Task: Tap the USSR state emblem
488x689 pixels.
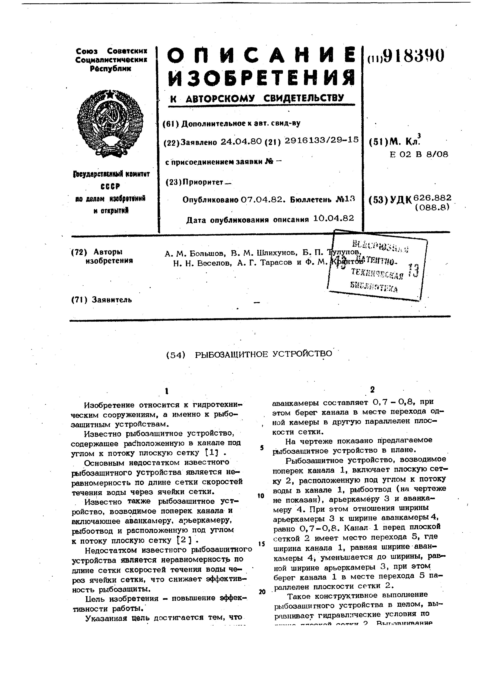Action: (110, 123)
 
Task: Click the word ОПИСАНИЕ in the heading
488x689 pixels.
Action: (260, 56)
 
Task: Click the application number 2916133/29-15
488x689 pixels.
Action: (322, 140)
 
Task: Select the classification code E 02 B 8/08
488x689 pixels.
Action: (419, 155)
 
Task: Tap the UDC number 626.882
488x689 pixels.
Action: (432, 197)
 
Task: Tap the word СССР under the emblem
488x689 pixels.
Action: (110, 187)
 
